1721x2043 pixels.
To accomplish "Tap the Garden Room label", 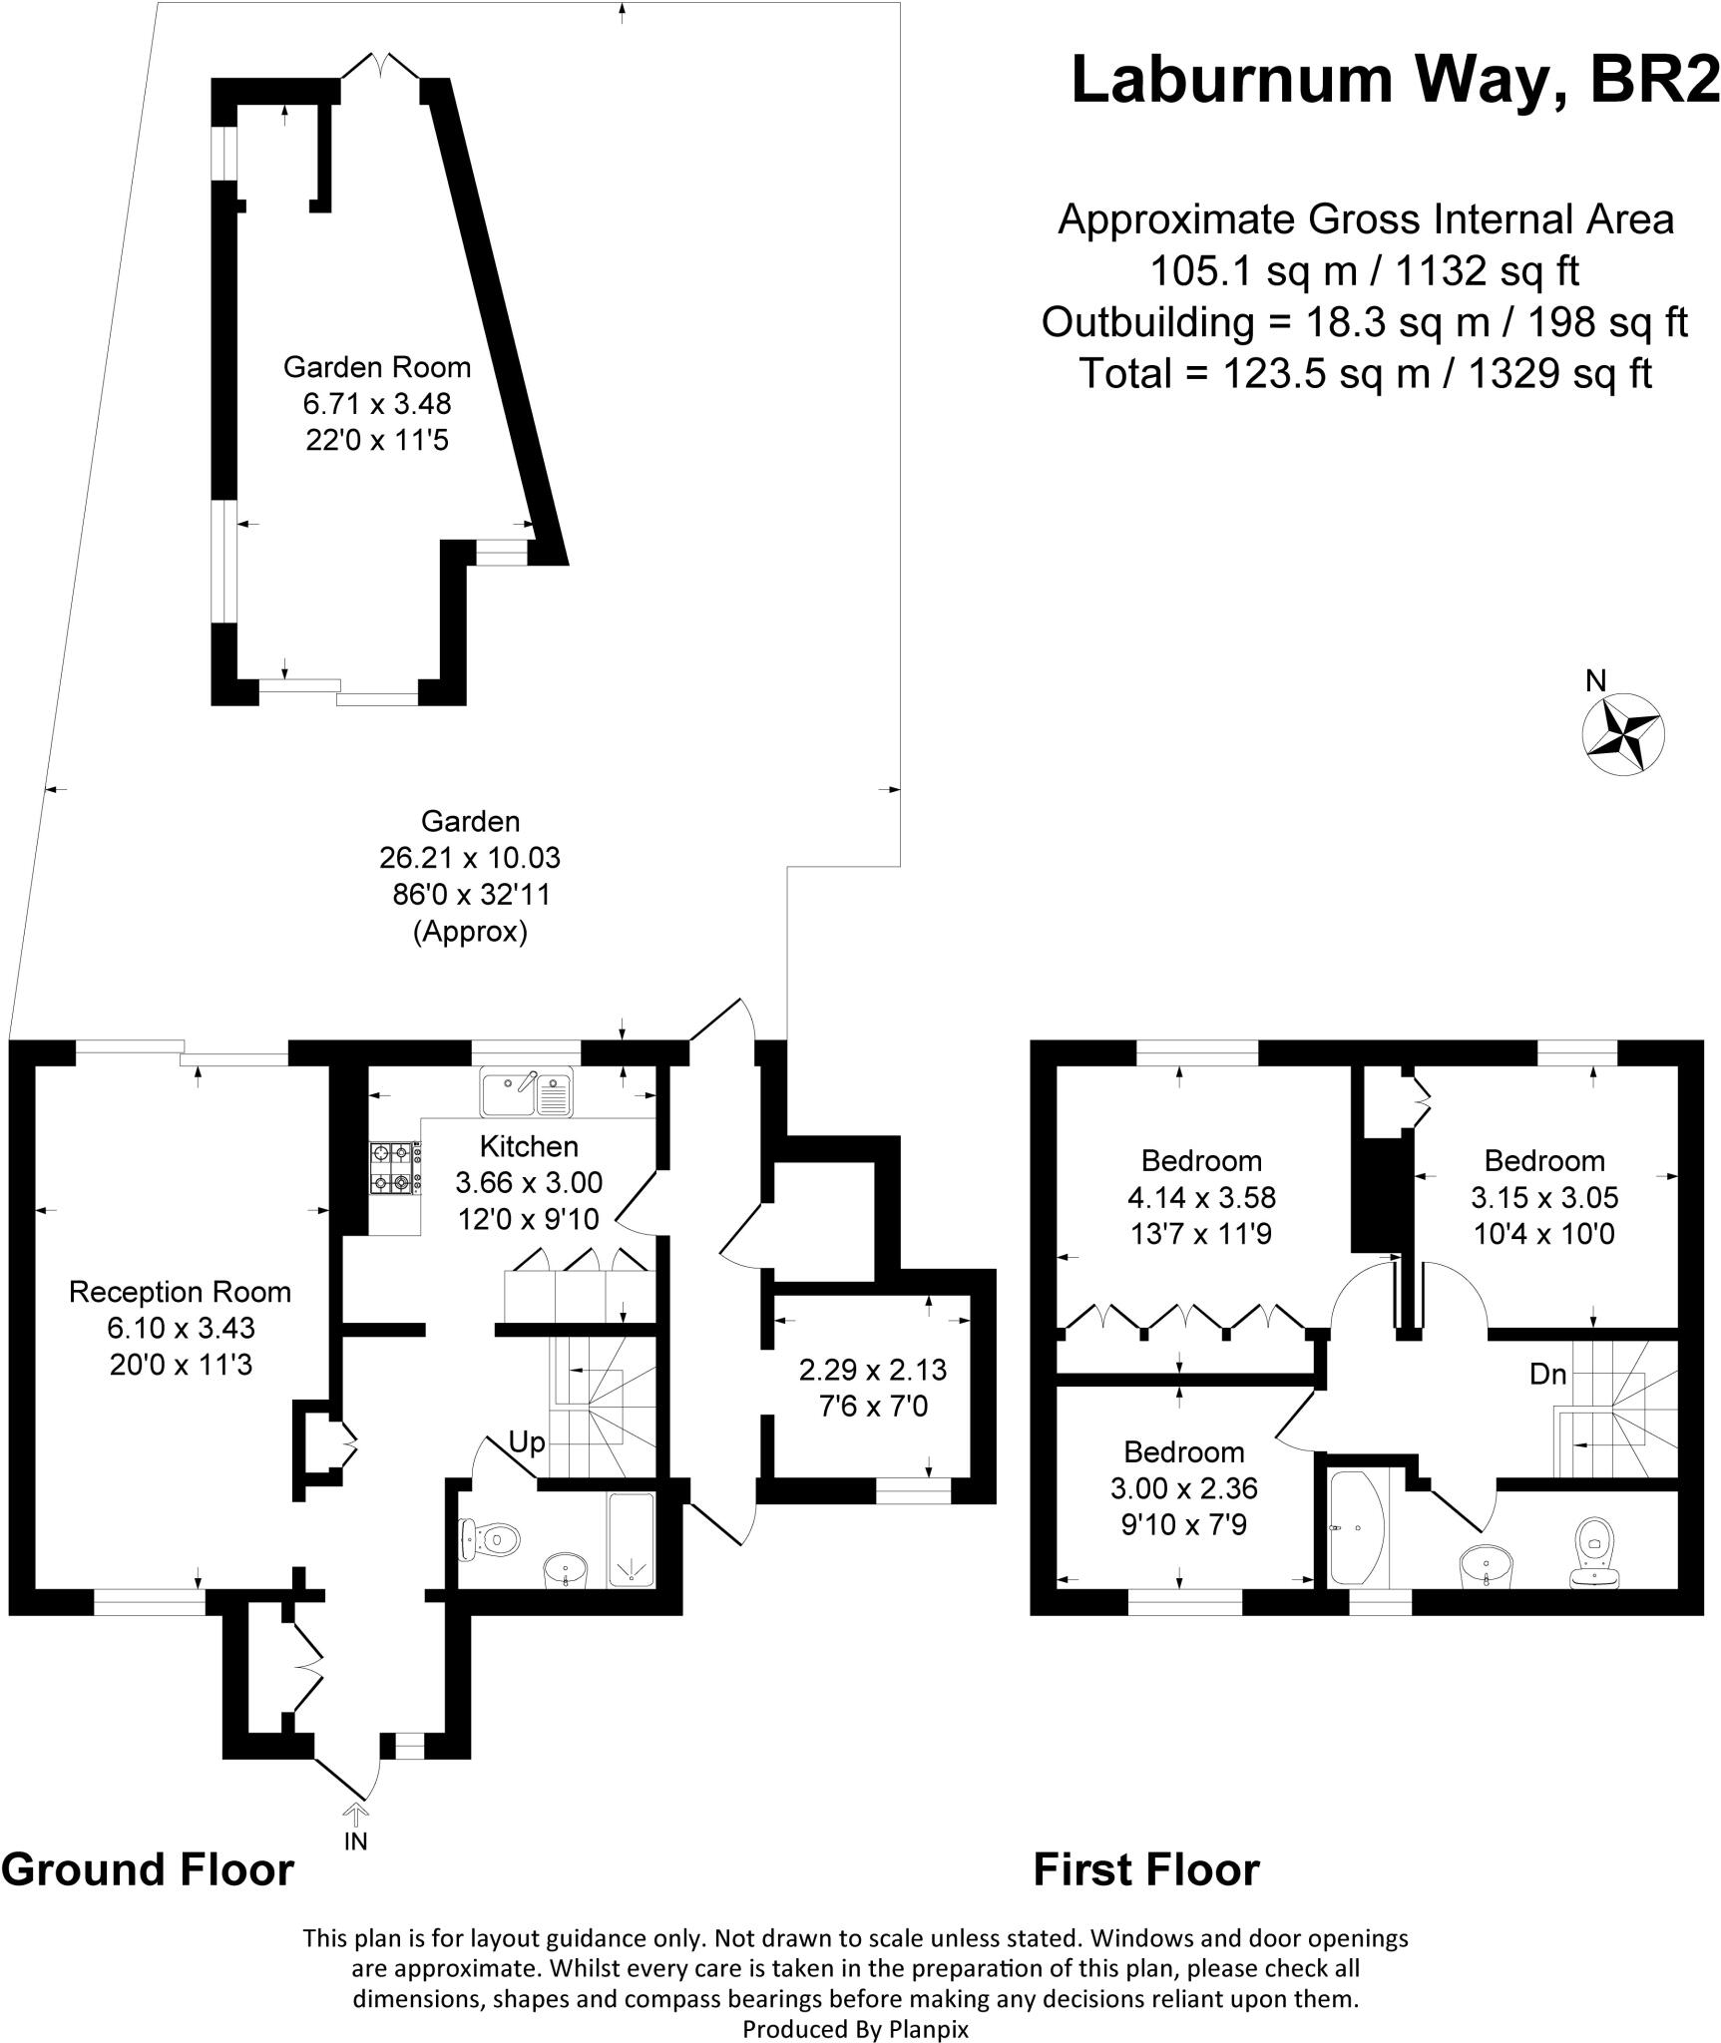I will (376, 367).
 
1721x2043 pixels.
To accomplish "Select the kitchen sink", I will (526, 1092).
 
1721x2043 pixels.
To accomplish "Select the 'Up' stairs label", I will (527, 1442).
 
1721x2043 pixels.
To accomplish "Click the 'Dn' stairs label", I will (1547, 1375).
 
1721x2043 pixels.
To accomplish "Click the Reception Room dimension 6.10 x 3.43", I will (181, 1328).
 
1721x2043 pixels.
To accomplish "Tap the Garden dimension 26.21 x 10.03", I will (470, 857).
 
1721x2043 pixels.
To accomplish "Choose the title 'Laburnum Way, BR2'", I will (1395, 80).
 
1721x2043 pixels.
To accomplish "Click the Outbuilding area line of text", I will (1365, 322).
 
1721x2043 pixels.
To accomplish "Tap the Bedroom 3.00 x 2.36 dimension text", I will (1183, 1488).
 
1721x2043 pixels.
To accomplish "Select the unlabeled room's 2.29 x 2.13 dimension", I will (873, 1370).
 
